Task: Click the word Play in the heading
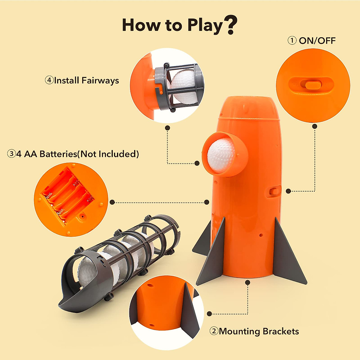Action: click(205, 26)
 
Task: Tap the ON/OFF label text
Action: click(317, 41)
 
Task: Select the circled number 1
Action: click(292, 41)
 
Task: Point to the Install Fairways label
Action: click(82, 81)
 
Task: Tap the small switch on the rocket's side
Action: click(274, 191)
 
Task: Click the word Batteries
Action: click(58, 154)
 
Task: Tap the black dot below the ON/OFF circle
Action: click(315, 127)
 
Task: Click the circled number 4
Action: click(49, 80)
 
